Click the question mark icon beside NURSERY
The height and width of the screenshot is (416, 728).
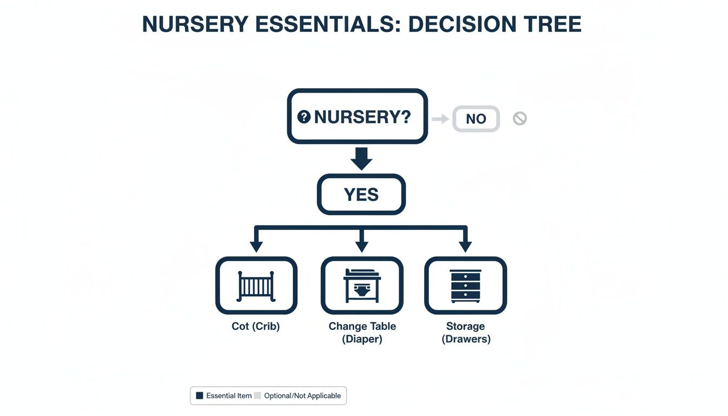pyautogui.click(x=304, y=116)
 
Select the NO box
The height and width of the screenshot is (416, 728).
pyautogui.click(x=476, y=119)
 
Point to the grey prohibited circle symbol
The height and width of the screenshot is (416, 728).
pyautogui.click(x=519, y=118)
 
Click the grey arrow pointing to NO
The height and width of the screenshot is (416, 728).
pyautogui.click(x=440, y=119)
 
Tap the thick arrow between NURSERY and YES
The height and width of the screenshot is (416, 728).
pyautogui.click(x=361, y=158)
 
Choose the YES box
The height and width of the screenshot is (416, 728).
pyautogui.click(x=361, y=194)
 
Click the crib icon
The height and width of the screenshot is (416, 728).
pyautogui.click(x=256, y=286)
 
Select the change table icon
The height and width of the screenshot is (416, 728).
pyautogui.click(x=362, y=286)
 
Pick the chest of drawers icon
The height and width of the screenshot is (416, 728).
pyautogui.click(x=465, y=286)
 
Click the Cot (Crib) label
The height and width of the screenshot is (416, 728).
pyautogui.click(x=256, y=327)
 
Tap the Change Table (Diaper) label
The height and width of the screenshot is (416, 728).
pyautogui.click(x=362, y=333)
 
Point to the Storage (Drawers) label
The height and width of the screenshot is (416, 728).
pyautogui.click(x=466, y=333)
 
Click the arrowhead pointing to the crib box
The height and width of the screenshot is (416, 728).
pyautogui.click(x=256, y=246)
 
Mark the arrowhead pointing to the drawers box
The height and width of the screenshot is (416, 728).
pyautogui.click(x=465, y=246)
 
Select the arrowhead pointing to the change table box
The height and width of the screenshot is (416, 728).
pyautogui.click(x=361, y=246)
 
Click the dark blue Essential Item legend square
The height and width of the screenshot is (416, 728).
pyautogui.click(x=199, y=396)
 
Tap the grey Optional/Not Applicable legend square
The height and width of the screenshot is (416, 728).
pyautogui.click(x=257, y=396)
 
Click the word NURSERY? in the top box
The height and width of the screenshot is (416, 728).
pyautogui.click(x=362, y=117)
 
